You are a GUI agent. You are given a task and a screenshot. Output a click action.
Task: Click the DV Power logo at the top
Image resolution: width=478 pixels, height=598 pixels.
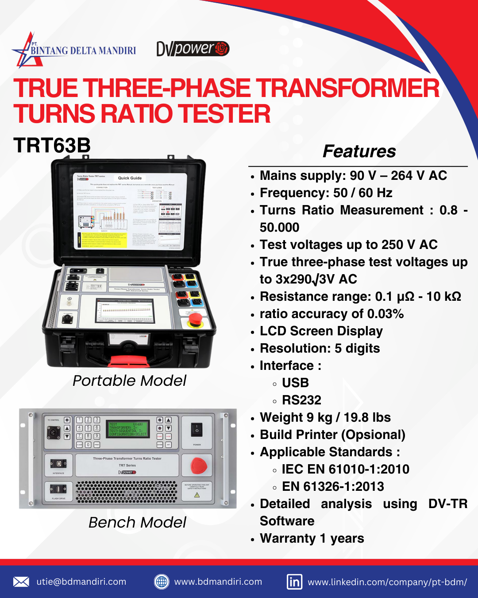(x=193, y=49)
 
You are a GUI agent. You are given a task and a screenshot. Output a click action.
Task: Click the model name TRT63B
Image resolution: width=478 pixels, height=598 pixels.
(x=52, y=145)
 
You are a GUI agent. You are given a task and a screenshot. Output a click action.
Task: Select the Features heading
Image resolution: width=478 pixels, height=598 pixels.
(x=359, y=151)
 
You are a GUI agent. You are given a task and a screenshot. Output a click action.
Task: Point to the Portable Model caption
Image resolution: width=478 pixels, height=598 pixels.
(x=129, y=381)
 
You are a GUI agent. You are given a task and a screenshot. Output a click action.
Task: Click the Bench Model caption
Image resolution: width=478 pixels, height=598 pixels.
(x=137, y=522)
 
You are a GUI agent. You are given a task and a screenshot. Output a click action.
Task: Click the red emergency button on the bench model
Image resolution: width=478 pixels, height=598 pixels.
(x=199, y=466)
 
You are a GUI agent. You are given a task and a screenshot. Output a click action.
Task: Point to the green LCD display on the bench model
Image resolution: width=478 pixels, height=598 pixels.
(x=129, y=429)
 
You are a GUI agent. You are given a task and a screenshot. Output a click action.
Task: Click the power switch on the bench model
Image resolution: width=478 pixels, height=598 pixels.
(x=197, y=430)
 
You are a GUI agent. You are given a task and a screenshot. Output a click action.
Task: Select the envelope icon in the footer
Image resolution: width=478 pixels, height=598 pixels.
(x=21, y=582)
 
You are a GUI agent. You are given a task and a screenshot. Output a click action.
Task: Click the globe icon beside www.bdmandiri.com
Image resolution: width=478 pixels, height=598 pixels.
(x=162, y=582)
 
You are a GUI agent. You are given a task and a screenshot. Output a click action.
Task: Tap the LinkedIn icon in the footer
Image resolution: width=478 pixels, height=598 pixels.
(x=294, y=582)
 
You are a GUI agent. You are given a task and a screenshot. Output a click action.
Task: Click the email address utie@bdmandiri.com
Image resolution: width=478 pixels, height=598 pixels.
(x=81, y=582)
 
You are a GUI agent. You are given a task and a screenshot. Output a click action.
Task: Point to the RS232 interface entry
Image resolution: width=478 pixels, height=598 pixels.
(x=301, y=400)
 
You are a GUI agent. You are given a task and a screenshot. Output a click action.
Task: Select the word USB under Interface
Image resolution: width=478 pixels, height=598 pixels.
(x=295, y=383)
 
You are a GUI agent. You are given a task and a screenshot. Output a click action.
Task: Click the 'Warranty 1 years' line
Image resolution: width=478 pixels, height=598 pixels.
(x=312, y=538)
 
